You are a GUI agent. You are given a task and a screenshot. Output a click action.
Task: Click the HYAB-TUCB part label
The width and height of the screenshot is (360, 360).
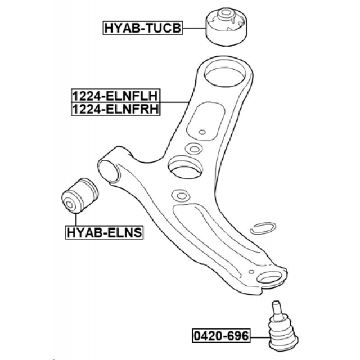pyautogui.click(x=143, y=28)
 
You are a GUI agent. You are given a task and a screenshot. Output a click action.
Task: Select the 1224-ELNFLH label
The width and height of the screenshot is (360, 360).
pyautogui.click(x=115, y=96)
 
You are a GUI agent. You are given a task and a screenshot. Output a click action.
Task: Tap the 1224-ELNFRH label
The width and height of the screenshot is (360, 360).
pyautogui.click(x=115, y=109)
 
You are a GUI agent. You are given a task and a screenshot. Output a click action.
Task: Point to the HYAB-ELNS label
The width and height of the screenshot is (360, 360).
pyautogui.click(x=104, y=231)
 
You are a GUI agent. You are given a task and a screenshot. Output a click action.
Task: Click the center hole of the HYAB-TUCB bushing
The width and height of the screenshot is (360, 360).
pyautogui.click(x=227, y=13)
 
